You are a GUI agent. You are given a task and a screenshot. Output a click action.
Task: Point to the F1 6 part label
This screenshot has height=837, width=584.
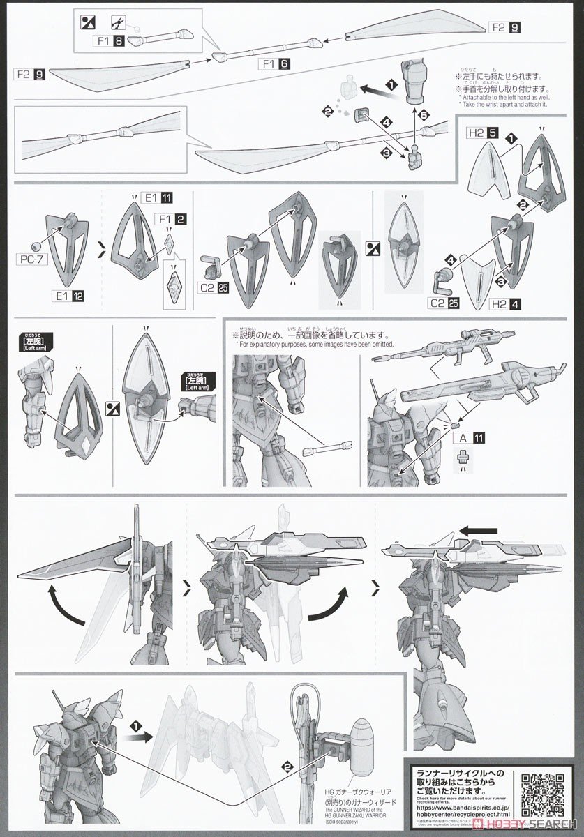(x=274, y=64)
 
